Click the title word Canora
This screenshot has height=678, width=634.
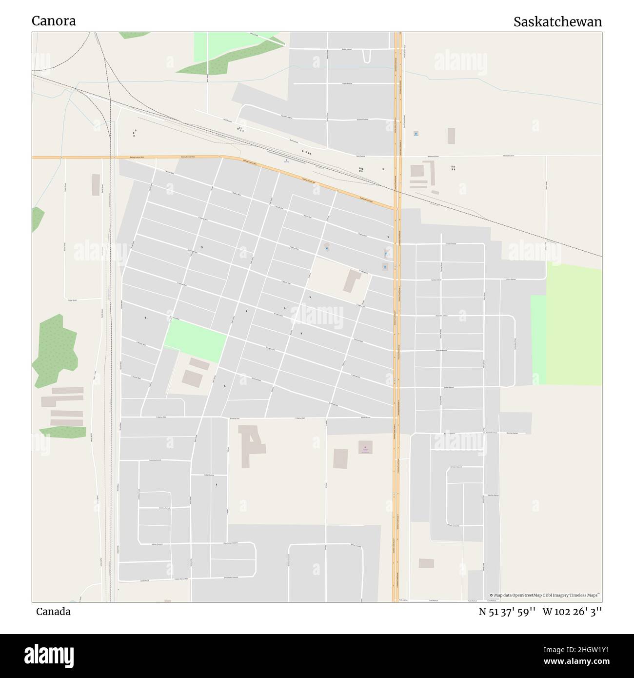point(54,21)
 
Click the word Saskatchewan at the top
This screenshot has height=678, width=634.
point(557,22)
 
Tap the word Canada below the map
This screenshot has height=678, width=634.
point(53,612)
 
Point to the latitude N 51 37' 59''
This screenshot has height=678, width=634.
point(507,612)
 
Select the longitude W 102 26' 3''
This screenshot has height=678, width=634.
point(572,612)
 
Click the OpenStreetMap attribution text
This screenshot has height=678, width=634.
point(545,595)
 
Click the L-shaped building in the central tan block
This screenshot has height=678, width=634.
point(352,280)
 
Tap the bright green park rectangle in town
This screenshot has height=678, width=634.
point(195,340)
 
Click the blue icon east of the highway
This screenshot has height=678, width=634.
point(416,134)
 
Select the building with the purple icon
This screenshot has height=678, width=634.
point(365,447)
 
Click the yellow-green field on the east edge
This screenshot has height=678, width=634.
point(574,324)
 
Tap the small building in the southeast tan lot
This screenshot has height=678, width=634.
point(426,563)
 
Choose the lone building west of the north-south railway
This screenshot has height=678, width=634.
point(96,185)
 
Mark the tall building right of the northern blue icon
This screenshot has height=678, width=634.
point(451,136)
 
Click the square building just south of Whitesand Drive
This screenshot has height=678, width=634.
point(417,171)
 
